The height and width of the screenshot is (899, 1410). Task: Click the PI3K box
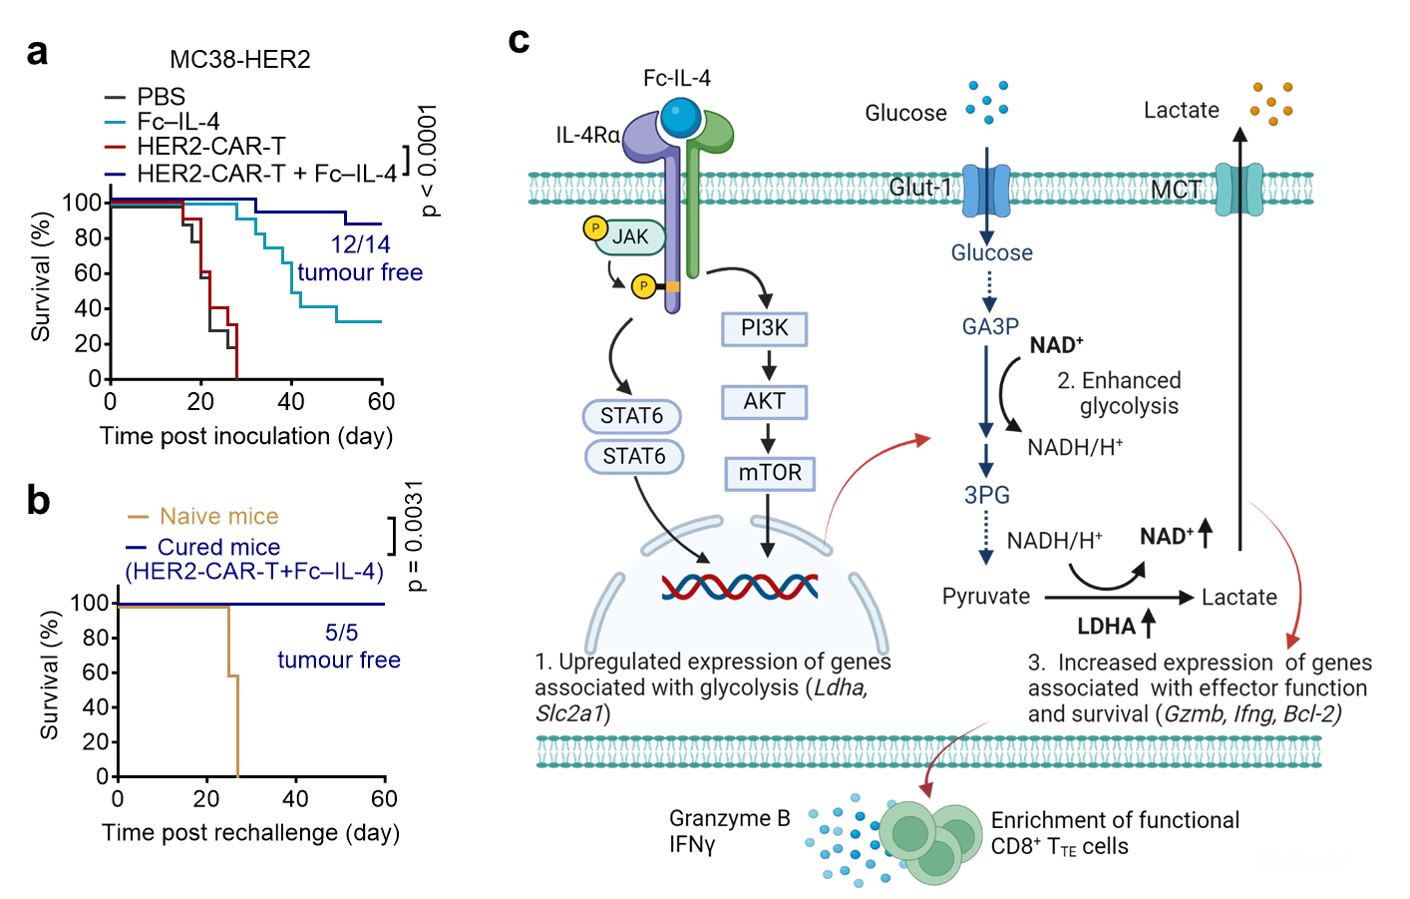(x=764, y=329)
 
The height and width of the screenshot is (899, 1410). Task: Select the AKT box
(x=764, y=402)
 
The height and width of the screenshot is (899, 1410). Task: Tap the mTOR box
(x=769, y=474)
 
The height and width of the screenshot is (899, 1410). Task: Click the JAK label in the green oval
(x=629, y=236)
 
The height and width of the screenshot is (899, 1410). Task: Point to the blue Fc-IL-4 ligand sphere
(x=680, y=117)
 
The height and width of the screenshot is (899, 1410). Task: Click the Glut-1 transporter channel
(x=986, y=191)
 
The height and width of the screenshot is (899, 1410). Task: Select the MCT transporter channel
(x=1238, y=190)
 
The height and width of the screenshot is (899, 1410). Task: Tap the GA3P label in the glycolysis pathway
(x=990, y=326)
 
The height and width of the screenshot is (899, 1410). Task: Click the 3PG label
(x=986, y=495)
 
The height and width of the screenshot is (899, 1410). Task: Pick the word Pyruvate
(x=986, y=597)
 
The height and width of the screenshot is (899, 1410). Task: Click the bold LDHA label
(x=1106, y=627)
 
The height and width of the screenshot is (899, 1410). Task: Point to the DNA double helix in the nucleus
(x=740, y=587)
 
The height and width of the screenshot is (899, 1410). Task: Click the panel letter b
(x=39, y=501)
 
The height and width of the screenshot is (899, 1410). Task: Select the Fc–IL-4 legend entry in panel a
(x=163, y=121)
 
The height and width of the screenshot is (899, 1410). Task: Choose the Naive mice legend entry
(x=202, y=517)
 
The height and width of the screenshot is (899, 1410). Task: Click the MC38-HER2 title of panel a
(x=240, y=60)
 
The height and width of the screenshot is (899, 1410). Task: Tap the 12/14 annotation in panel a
(x=361, y=244)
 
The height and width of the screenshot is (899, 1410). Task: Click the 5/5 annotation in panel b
(x=341, y=633)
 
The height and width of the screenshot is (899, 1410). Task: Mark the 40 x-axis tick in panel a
(x=291, y=402)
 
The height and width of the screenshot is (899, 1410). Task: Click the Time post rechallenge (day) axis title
(x=250, y=833)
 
